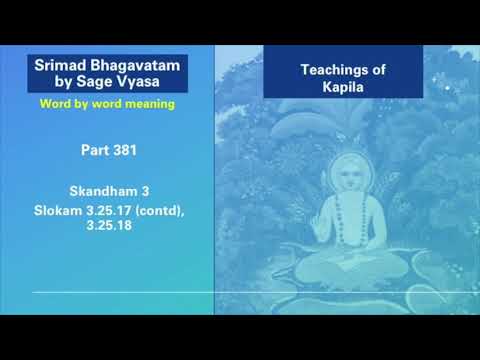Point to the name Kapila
pyautogui.click(x=343, y=87)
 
